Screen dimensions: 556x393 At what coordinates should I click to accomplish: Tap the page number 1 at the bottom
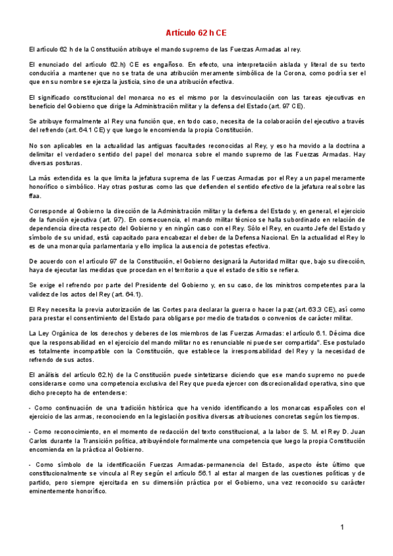point(342,528)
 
